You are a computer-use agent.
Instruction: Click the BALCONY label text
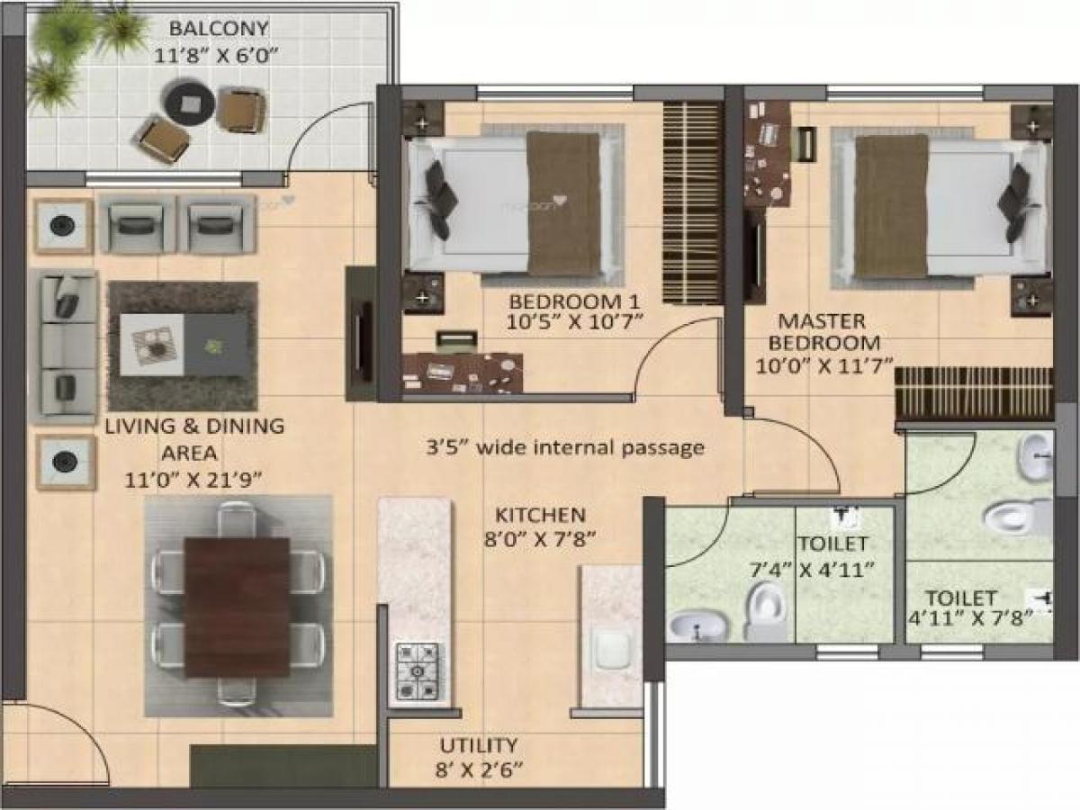coord(216,29)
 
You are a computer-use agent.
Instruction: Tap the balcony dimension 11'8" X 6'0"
coord(216,54)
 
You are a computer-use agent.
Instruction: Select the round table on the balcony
coord(189,102)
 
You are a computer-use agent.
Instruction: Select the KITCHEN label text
coord(541,516)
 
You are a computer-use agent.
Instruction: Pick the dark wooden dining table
coord(237,607)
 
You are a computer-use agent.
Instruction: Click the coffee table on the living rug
coord(184,345)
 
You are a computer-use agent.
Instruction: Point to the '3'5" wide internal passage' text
coord(565,447)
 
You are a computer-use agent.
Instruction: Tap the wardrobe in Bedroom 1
coord(693,202)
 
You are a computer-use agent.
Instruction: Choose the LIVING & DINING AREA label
coord(194,438)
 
